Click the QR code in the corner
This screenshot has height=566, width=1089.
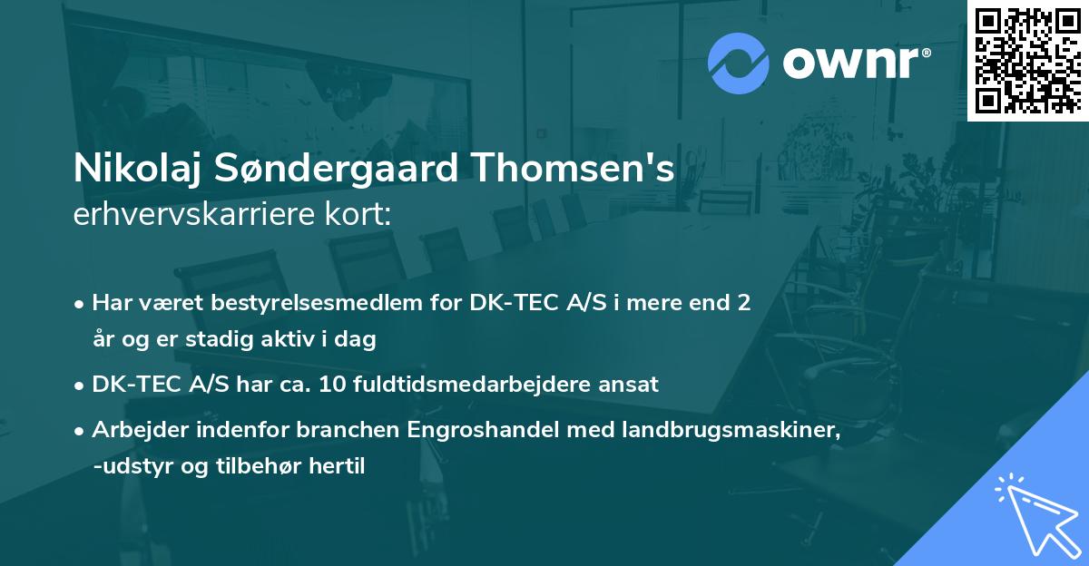coord(1027,60)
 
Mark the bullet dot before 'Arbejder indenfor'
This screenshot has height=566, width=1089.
coord(81,432)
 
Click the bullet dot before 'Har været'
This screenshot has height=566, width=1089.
coord(81,304)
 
